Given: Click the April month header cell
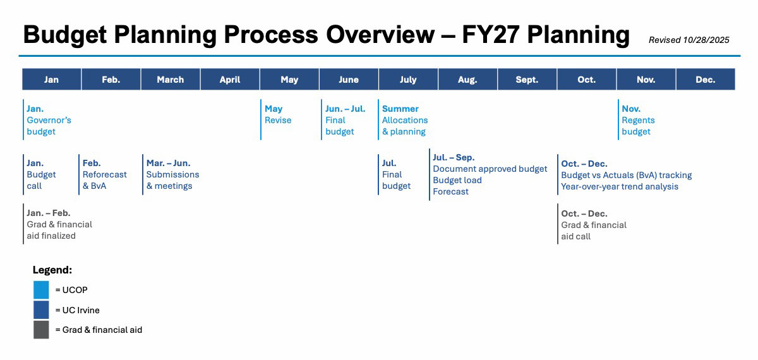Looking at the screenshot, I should [230, 80].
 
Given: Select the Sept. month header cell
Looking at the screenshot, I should [527, 80].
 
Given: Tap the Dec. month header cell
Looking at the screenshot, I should [705, 80].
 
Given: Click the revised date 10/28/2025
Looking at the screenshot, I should [706, 40].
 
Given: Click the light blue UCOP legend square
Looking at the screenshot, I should [41, 290].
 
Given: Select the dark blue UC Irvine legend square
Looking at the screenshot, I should [41, 309].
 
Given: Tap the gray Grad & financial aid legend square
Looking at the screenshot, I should [41, 330].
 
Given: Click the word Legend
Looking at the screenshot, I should [52, 270].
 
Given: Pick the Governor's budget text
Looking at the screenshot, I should [49, 126].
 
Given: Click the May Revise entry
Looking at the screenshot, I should [278, 114].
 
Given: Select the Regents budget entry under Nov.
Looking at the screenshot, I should [638, 126].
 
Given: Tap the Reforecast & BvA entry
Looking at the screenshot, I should [104, 180].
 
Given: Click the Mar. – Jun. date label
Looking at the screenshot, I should [168, 163].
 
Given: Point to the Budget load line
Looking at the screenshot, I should [457, 180].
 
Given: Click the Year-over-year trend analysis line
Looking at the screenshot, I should [620, 186].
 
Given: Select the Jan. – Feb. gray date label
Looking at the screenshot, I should [49, 213].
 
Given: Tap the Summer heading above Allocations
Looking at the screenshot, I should [400, 109].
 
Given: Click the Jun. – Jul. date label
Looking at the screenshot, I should [346, 109].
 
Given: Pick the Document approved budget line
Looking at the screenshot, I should [490, 169].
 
